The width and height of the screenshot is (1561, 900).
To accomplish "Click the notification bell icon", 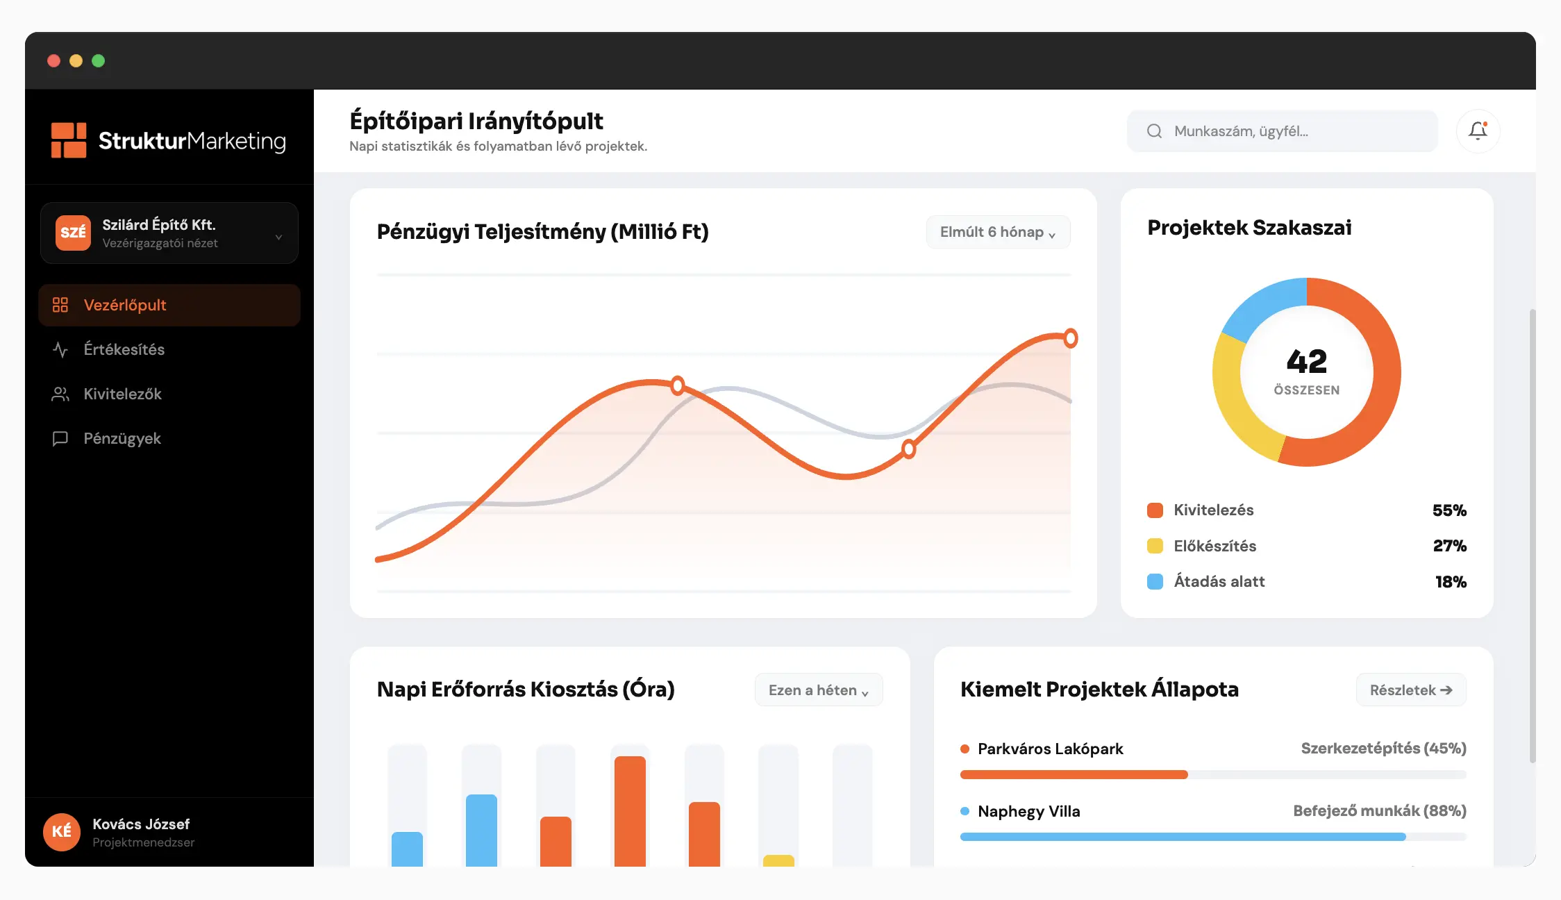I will coord(1478,131).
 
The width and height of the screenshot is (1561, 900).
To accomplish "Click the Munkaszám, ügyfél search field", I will coord(1282,131).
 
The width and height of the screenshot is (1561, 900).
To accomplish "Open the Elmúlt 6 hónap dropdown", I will coord(998,232).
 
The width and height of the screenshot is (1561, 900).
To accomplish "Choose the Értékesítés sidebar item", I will coord(124,349).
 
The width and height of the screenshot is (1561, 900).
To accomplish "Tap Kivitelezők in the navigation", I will coord(122,394).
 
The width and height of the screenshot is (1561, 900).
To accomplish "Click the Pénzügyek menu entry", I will coord(122,438).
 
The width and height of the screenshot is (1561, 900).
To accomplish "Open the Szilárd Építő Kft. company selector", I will coord(169,233).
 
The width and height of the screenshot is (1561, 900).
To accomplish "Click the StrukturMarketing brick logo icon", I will coord(69,140).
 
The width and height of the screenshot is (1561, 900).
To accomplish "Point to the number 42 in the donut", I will coord(1306,361).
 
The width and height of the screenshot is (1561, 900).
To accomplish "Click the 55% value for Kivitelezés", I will coord(1449,510).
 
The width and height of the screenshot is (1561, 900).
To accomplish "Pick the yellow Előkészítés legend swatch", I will coord(1155,546).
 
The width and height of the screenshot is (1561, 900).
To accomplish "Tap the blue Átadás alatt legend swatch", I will coord(1155,581).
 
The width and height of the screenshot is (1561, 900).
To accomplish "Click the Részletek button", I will coord(1410,690).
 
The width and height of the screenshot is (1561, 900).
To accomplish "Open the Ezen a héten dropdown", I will coord(818,690).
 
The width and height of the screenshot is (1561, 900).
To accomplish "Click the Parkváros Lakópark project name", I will coord(1050,749).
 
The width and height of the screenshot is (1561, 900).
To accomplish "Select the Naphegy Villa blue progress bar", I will coord(1183,837).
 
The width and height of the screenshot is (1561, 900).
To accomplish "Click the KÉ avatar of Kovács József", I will coord(62,831).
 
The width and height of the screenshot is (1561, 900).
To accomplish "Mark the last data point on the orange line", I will coord(1071,338).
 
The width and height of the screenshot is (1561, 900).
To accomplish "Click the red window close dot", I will coord(53,61).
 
